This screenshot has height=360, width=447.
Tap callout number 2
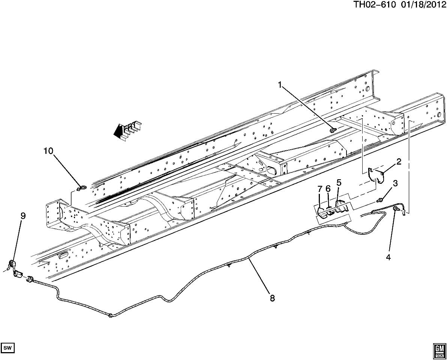(x=398, y=162)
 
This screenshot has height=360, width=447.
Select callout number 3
(x=395, y=183)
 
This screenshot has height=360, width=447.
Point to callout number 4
(x=388, y=257)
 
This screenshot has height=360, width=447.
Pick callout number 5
(x=339, y=183)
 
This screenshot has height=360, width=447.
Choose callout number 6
(x=328, y=189)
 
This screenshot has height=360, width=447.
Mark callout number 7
(x=319, y=188)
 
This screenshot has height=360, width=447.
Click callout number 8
(x=272, y=298)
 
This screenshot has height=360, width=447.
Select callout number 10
(x=48, y=151)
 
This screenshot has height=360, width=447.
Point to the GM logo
(x=438, y=349)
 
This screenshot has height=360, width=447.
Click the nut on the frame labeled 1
(x=333, y=130)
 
